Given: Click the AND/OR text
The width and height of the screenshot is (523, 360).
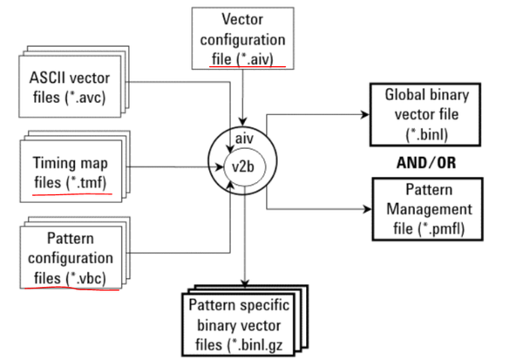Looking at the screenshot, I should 423,162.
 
